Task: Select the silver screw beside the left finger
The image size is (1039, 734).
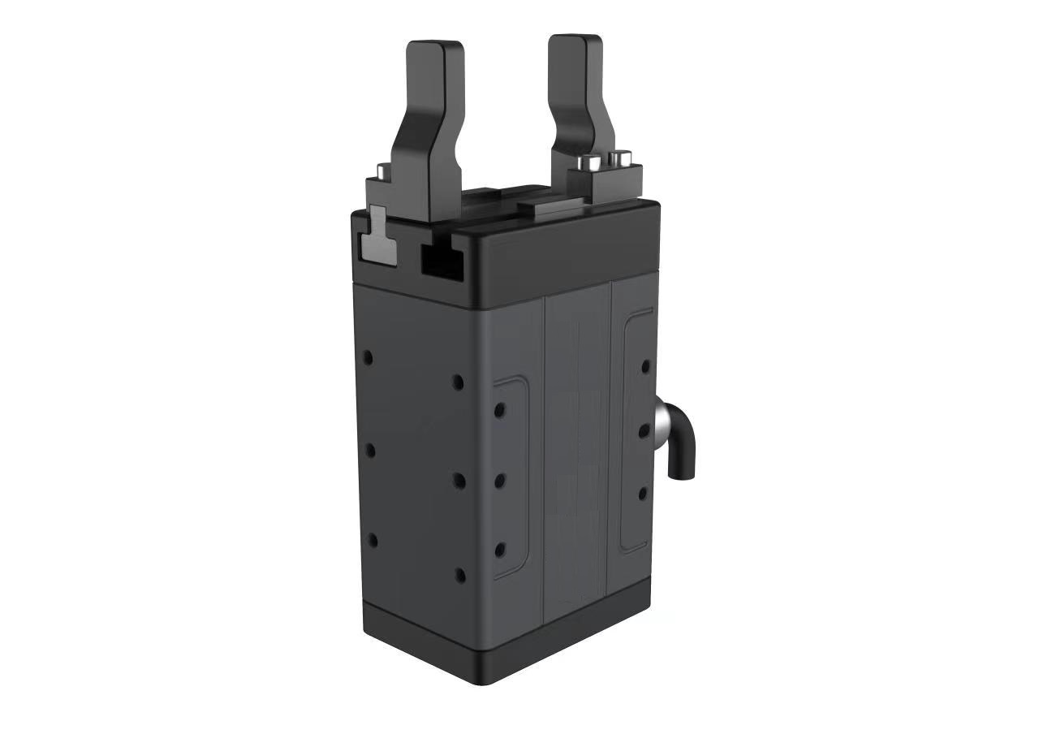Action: click(380, 171)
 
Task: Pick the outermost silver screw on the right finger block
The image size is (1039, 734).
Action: click(621, 157)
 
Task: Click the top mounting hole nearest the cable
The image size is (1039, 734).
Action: click(645, 366)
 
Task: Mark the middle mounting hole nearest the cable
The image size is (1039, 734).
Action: click(644, 431)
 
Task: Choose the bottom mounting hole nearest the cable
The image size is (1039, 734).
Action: click(642, 493)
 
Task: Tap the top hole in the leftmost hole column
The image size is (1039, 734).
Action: click(368, 356)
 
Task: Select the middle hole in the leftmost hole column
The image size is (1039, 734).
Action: click(370, 449)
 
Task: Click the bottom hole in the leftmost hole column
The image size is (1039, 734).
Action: click(373, 540)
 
